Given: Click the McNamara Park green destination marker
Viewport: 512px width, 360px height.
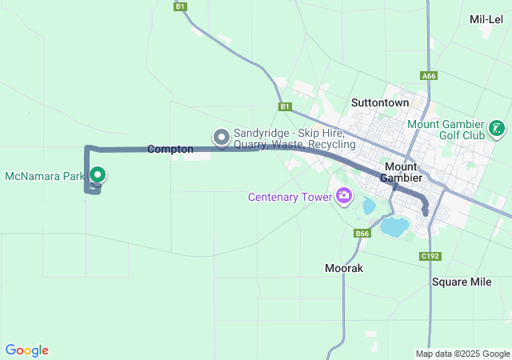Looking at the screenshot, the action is pyautogui.click(x=98, y=174).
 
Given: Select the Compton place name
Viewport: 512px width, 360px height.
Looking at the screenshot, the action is pyautogui.click(x=170, y=150).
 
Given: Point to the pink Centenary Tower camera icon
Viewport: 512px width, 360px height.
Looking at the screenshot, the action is pyautogui.click(x=344, y=195).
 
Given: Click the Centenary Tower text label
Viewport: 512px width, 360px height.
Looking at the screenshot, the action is pyautogui.click(x=290, y=197).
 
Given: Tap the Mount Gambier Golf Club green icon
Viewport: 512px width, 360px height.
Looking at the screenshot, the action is pyautogui.click(x=497, y=128).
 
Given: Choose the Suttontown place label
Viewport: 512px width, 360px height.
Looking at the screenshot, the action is pyautogui.click(x=380, y=102).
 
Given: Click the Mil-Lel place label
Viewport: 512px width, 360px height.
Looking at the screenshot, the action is pyautogui.click(x=486, y=19).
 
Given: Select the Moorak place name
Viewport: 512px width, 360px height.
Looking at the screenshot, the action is pyautogui.click(x=344, y=268).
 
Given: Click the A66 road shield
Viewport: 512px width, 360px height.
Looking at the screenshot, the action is pyautogui.click(x=429, y=76).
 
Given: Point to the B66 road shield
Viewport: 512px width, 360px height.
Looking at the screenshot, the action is pyautogui.click(x=363, y=234).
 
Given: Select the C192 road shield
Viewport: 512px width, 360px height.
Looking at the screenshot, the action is pyautogui.click(x=430, y=256).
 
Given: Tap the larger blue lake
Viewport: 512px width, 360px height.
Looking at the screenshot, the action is pyautogui.click(x=394, y=226).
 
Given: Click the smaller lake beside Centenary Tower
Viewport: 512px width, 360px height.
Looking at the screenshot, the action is pyautogui.click(x=368, y=206).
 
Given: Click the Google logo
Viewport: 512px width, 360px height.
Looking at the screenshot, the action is pyautogui.click(x=26, y=350).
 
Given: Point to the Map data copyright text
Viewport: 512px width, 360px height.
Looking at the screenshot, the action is pyautogui.click(x=462, y=354).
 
